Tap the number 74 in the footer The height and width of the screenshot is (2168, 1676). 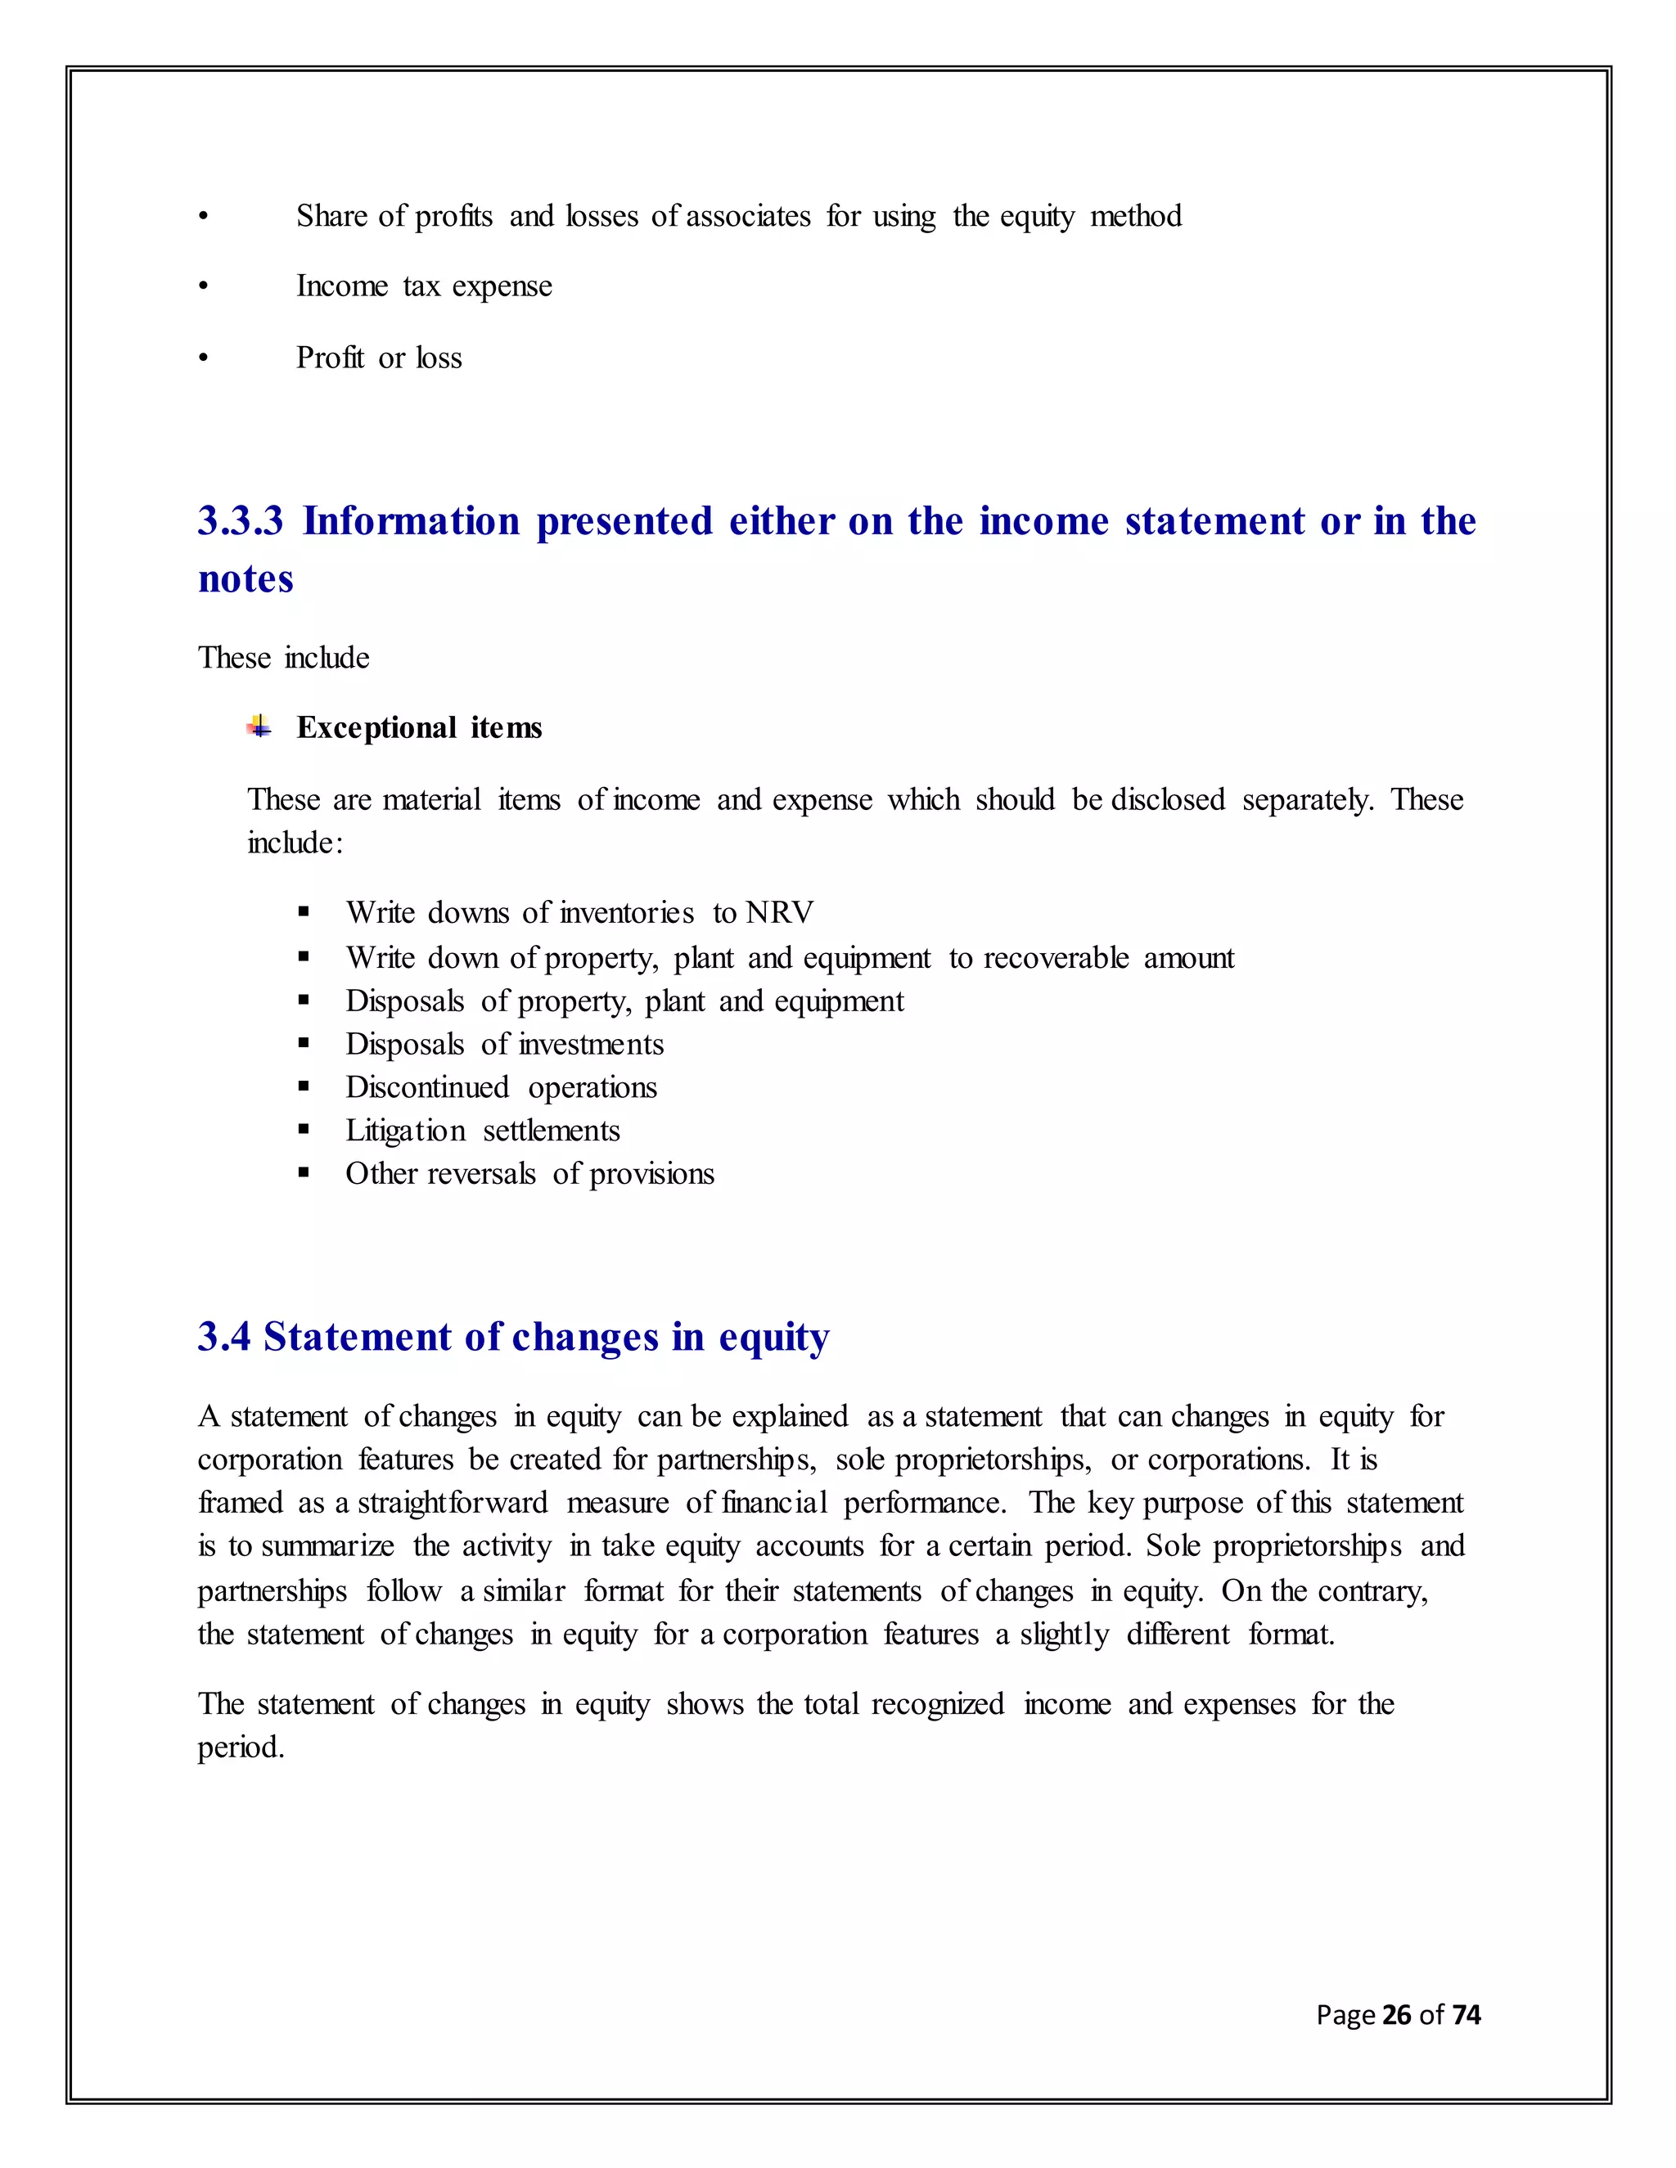[1466, 2014]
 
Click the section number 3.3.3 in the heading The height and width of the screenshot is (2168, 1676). [241, 521]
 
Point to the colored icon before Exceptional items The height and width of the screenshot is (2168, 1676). [259, 726]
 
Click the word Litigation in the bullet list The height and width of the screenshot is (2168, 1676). [405, 1131]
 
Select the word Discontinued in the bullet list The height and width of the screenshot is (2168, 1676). [427, 1087]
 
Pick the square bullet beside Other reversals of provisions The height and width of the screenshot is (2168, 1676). [304, 1173]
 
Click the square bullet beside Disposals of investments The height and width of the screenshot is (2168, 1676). [304, 1044]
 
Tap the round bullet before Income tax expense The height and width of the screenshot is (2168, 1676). [204, 287]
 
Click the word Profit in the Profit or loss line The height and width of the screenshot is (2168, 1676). [330, 358]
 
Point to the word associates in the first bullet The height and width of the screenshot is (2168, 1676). [748, 217]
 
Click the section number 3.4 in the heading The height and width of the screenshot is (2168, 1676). [224, 1337]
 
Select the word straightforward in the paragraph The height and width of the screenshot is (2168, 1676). [452, 1503]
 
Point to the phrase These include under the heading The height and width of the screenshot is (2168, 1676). [283, 657]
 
